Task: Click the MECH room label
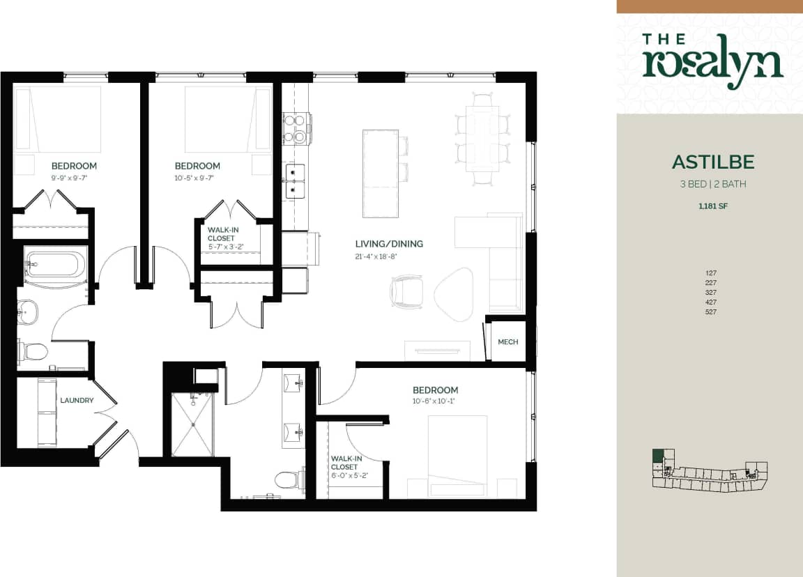507,342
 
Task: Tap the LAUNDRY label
77,401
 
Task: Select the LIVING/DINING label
389,244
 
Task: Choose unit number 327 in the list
710,293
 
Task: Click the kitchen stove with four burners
295,128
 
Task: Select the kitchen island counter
380,174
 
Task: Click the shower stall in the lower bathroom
192,424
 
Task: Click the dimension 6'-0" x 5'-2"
349,476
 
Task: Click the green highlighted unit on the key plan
657,458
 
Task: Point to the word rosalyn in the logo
712,65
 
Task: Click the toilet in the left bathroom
33,350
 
